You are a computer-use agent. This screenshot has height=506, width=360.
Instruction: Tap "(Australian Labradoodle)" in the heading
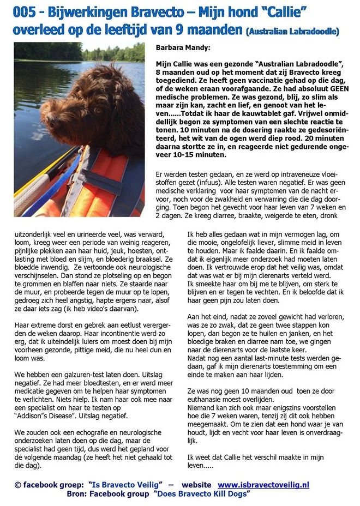pyautogui.click(x=292, y=32)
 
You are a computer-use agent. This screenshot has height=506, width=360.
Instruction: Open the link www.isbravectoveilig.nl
pyautogui.click(x=263, y=484)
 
